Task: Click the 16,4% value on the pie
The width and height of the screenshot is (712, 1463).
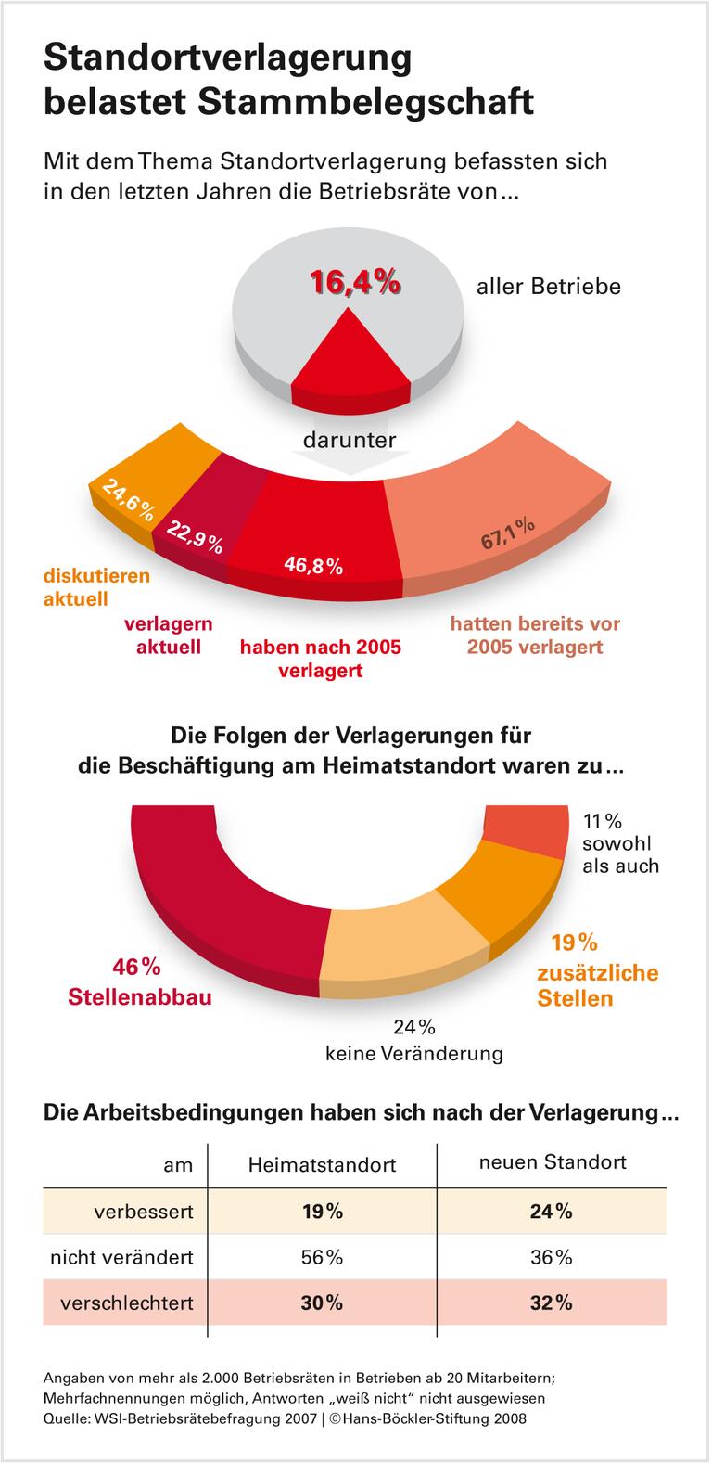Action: [x=355, y=282]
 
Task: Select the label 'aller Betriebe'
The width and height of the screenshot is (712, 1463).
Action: [x=548, y=287]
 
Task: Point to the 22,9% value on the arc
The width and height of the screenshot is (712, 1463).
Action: [x=195, y=537]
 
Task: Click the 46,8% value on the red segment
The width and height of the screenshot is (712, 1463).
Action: [x=313, y=565]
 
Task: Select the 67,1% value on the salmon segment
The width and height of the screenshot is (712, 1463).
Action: [x=507, y=535]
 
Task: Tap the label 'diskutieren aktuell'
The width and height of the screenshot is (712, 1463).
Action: [x=96, y=587]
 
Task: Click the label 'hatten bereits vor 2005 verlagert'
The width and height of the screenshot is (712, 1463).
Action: [x=535, y=635]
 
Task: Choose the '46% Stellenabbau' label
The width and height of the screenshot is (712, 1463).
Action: [x=138, y=982]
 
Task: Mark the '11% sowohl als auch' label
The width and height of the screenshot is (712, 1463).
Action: [x=619, y=843]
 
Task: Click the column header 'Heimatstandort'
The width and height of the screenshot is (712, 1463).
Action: [x=322, y=1164]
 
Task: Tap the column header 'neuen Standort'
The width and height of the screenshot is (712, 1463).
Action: [x=552, y=1161]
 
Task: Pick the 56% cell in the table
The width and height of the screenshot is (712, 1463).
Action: [x=322, y=1257]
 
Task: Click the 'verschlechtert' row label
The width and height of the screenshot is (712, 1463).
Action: [x=126, y=1303]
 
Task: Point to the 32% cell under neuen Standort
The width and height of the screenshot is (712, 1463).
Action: [x=552, y=1303]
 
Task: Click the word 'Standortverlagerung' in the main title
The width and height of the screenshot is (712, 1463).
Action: [x=227, y=58]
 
